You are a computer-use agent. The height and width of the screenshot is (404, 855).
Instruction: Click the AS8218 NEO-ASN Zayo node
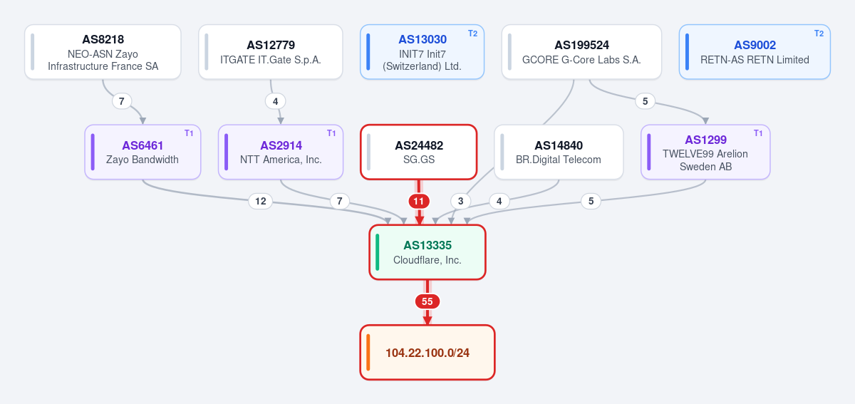103,52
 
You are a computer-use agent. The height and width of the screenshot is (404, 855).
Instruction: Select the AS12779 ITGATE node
271,52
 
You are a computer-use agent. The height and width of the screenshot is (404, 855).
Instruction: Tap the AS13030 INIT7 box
422,52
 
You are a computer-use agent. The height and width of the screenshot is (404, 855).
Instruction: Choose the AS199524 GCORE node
581,52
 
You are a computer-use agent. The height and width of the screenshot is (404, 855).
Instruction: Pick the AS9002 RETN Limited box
755,52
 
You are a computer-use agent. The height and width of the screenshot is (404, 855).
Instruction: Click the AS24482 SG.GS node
419,152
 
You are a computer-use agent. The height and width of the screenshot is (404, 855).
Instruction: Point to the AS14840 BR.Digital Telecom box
559,152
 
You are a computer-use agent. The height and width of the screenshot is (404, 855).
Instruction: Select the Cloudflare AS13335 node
427,252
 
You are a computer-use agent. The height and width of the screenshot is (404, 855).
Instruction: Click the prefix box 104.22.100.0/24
427,353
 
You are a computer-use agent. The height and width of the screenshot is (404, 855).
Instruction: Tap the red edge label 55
427,301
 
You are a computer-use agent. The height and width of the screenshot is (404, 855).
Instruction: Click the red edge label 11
419,201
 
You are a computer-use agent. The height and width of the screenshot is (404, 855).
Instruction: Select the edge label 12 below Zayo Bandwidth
260,201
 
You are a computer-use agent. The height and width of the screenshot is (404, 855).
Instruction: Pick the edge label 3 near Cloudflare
461,201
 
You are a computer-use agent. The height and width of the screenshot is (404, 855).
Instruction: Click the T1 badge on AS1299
758,133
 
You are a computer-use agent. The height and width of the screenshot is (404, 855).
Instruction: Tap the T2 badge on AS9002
819,33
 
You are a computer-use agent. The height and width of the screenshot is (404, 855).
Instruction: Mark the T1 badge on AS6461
189,133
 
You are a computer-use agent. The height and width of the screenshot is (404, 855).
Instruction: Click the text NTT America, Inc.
281,160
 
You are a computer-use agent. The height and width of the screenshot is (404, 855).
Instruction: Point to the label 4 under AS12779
275,102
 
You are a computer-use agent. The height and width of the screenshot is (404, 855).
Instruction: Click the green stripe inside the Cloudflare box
378,252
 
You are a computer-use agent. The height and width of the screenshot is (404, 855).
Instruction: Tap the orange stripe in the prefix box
368,353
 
